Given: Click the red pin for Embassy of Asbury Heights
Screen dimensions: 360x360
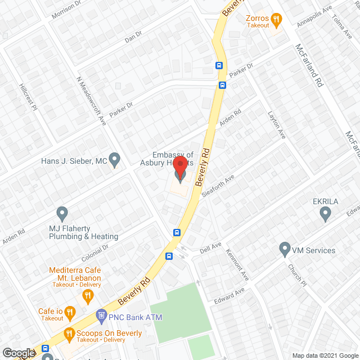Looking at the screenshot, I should click(x=180, y=168).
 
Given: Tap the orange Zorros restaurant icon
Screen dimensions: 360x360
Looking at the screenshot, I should click(x=276, y=21).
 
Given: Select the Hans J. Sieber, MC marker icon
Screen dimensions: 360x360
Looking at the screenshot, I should click(x=115, y=160).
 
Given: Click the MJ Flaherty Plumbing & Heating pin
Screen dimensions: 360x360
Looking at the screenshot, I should click(x=62, y=214).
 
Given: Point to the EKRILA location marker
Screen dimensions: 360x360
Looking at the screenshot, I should click(x=325, y=213).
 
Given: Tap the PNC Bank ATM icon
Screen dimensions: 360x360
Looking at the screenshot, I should click(x=101, y=317).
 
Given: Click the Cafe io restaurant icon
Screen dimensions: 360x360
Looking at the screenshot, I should click(x=69, y=312).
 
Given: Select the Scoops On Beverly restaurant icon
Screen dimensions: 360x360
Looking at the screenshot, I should click(x=69, y=333).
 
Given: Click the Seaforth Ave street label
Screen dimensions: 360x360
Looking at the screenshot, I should click(x=218, y=185).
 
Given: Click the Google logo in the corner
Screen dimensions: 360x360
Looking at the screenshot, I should click(x=18, y=353).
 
